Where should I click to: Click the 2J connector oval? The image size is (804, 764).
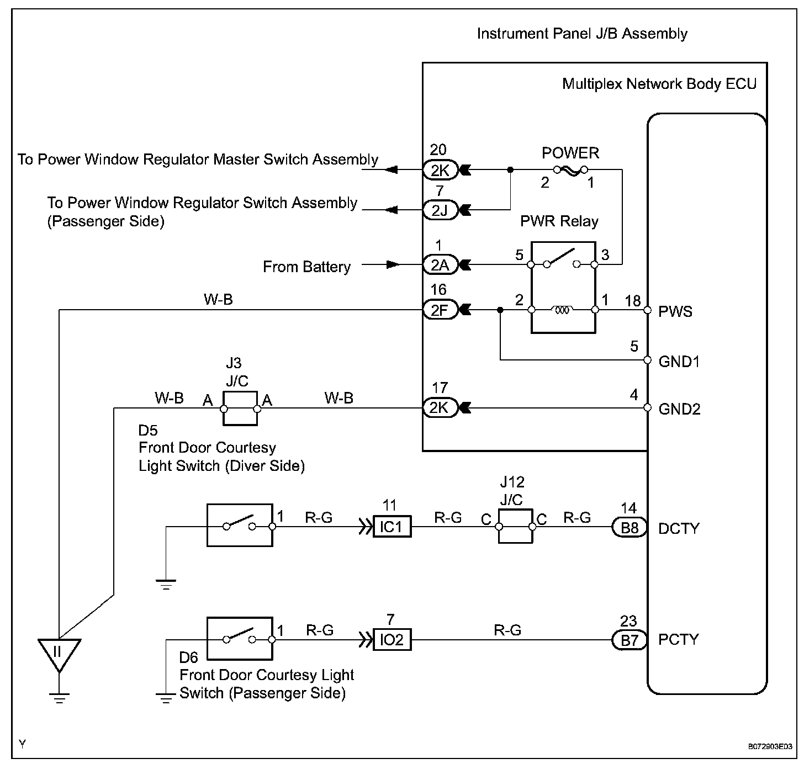pos(440,210)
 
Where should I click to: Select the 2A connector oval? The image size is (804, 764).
pos(440,266)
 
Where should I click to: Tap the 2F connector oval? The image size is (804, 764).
pos(440,311)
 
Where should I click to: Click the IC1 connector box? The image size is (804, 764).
pos(392,527)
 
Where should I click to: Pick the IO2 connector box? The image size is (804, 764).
pos(392,640)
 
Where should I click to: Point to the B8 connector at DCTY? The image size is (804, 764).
pos(630,528)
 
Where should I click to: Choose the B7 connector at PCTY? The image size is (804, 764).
pos(630,640)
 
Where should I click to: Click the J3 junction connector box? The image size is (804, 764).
pos(240,409)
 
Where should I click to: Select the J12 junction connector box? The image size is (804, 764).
pos(515,527)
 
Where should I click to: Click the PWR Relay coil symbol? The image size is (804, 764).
pos(563,311)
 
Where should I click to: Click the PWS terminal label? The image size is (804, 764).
pos(675,312)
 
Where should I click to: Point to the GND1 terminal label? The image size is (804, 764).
pos(679,362)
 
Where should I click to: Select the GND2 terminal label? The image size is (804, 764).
pos(679,409)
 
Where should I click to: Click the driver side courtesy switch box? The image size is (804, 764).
pos(239,525)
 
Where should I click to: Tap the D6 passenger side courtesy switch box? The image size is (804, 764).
pos(239,639)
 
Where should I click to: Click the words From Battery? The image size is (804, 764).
pos(306,267)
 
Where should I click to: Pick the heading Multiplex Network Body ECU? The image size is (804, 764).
pos(659,84)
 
